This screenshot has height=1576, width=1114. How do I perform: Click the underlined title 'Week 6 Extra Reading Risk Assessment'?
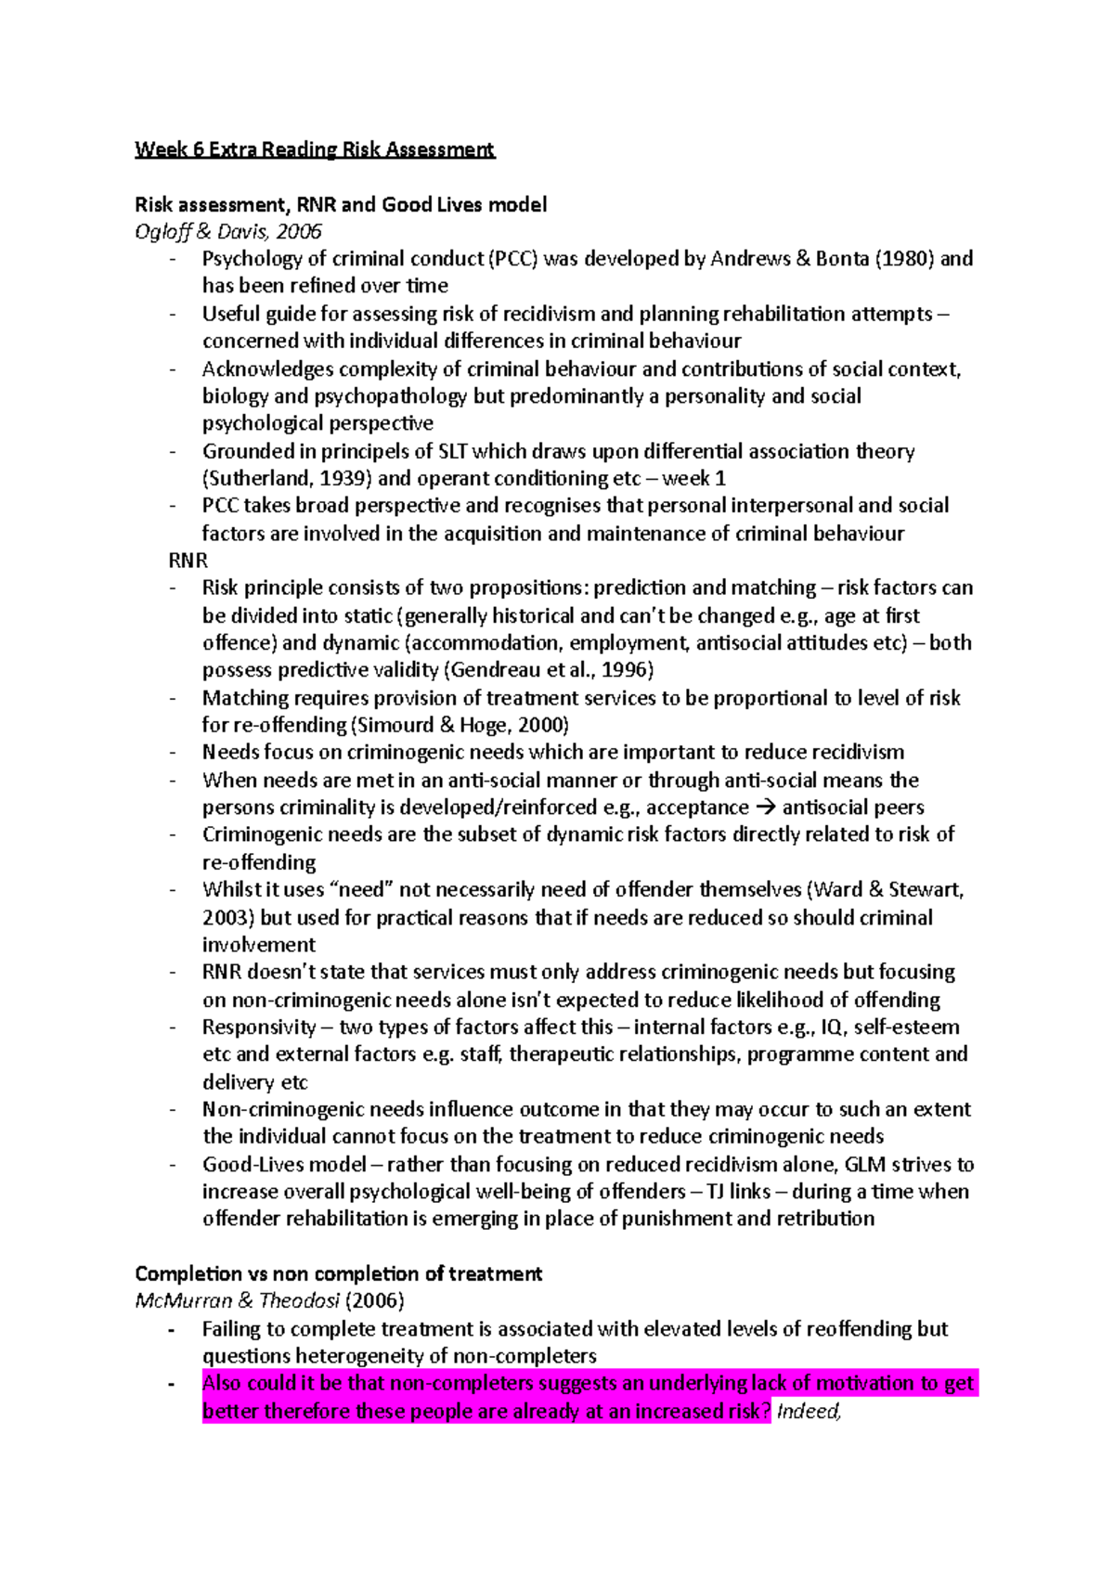coord(315,149)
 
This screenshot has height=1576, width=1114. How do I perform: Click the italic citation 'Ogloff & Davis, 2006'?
coord(228,231)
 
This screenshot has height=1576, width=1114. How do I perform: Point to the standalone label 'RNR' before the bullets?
coord(188,561)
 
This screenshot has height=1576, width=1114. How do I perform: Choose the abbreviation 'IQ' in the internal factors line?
coord(831,1027)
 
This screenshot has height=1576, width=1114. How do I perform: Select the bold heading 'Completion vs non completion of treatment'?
coord(338,1274)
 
